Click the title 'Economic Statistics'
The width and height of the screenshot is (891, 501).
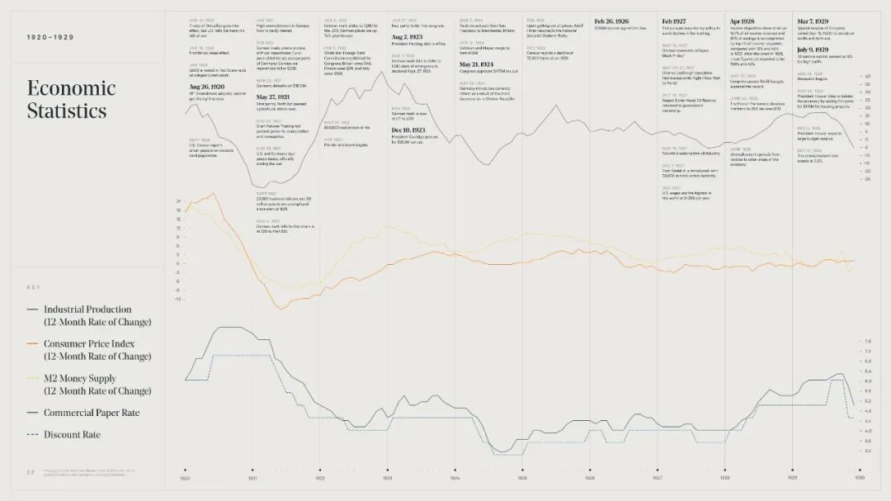70,99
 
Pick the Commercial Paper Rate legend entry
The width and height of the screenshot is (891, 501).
91,413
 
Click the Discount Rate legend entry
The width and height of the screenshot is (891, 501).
72,435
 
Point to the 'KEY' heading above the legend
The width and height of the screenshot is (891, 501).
33,287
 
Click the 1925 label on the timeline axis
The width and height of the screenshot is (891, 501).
521,478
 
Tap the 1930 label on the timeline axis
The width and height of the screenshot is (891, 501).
860,478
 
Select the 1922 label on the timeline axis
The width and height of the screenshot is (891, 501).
319,478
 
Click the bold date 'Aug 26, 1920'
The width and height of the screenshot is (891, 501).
207,87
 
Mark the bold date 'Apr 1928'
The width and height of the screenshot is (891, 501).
742,21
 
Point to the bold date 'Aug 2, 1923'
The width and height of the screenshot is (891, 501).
408,37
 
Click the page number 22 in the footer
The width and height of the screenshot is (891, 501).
31,472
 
